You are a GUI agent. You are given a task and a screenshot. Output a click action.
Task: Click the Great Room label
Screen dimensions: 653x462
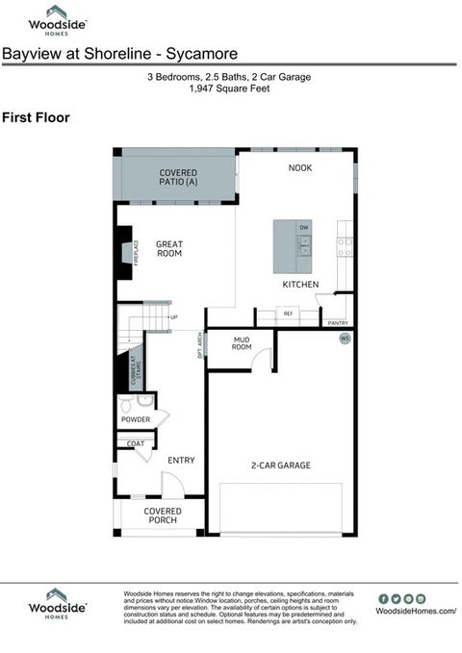169,249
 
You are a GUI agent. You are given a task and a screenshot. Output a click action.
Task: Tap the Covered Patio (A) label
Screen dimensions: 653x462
178,176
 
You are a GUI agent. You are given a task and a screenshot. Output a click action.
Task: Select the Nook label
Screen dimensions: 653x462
300,168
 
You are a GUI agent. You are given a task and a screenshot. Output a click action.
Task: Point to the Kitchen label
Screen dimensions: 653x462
300,285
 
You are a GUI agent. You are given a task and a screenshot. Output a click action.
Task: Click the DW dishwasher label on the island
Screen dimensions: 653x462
303,227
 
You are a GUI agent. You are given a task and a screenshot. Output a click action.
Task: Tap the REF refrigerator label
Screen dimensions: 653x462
287,313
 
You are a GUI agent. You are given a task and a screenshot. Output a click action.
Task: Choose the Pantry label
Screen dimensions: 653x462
337,323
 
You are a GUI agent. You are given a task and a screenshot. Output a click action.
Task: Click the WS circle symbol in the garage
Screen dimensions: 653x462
345,339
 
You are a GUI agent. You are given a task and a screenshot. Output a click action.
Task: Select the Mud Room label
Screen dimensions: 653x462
242,343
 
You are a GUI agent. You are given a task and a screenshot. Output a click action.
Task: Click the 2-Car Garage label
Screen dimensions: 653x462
280,465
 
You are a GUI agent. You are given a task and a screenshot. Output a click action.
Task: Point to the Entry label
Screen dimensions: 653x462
181,461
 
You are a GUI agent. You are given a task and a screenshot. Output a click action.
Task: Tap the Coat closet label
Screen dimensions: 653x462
136,443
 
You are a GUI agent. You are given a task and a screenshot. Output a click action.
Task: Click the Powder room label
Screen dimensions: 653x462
136,421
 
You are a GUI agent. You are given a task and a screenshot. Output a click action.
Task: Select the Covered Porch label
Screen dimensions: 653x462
163,516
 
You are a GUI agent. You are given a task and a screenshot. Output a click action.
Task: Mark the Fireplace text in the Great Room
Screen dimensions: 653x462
136,253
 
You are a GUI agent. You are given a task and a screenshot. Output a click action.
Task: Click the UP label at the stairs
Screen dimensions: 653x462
173,317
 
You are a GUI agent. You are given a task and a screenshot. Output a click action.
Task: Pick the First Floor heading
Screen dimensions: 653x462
36,117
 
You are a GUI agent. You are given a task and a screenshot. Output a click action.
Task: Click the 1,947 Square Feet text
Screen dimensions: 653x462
230,88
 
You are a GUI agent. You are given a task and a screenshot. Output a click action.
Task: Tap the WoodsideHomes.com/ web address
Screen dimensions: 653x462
416,611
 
